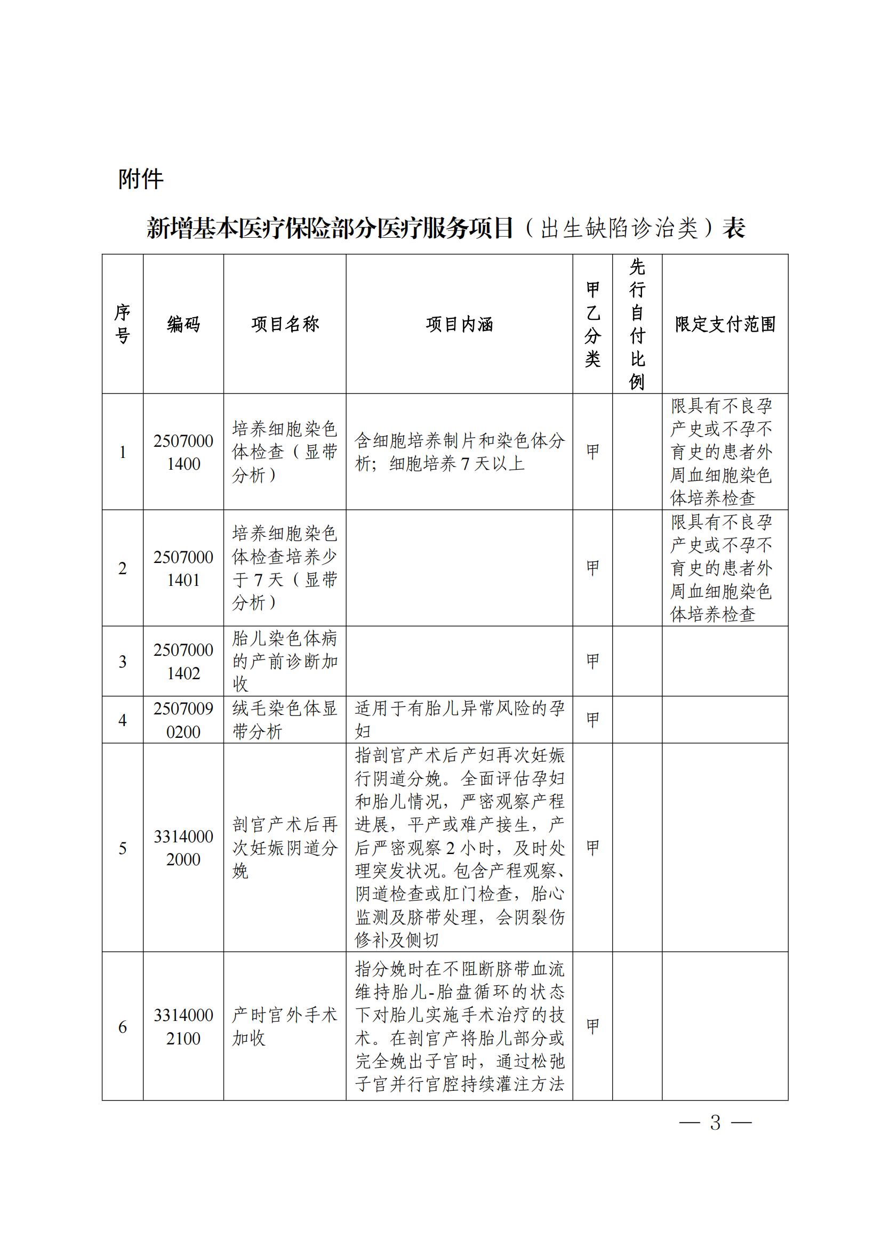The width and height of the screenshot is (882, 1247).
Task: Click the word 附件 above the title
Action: click(141, 179)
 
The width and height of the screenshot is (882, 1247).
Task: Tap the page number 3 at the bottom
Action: click(715, 1122)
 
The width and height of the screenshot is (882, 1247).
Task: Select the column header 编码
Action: click(183, 324)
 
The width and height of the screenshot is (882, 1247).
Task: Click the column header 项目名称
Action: click(285, 324)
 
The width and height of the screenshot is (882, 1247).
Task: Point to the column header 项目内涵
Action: click(459, 324)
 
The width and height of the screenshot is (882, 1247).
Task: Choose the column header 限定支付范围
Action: click(725, 324)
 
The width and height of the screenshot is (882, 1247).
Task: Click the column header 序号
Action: click(123, 324)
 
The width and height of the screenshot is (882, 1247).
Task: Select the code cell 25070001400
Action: click(183, 452)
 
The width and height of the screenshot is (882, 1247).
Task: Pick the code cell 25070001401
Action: click(183, 568)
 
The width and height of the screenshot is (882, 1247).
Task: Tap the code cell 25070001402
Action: click(183, 661)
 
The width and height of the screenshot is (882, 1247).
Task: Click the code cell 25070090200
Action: click(183, 720)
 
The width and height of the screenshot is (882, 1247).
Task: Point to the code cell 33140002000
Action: click(183, 847)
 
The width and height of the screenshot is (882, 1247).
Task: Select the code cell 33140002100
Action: click(183, 1026)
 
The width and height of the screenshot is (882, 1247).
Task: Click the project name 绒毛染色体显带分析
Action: click(285, 720)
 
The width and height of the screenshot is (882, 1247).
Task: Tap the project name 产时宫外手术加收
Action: click(285, 1026)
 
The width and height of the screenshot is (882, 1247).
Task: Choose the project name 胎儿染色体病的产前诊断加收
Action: click(285, 661)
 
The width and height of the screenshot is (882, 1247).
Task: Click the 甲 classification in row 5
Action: click(592, 847)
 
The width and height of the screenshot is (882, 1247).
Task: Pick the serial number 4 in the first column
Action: click(123, 720)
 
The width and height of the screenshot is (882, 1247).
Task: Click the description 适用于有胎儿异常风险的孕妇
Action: click(459, 720)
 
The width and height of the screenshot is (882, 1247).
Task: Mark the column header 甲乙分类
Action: click(592, 324)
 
